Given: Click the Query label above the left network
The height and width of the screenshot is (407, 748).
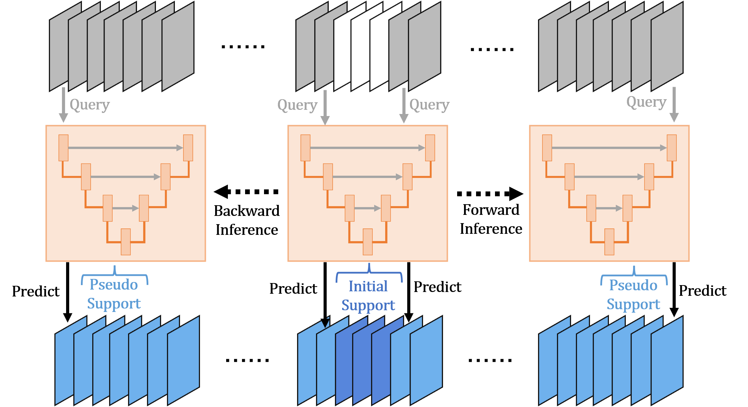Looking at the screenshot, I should [89, 104].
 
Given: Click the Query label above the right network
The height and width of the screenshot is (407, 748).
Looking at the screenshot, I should [646, 102].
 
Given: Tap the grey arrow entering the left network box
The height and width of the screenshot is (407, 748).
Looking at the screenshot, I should [63, 105].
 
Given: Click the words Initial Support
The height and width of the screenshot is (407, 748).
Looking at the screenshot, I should [368, 296].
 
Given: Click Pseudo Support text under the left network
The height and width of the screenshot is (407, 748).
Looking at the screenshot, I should [114, 294].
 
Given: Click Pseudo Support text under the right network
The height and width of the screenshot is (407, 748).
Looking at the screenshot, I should [633, 295].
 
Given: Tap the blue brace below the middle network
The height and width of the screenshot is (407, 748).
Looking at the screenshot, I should [369, 273].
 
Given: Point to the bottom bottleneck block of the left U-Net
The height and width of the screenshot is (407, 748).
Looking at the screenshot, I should [126, 242].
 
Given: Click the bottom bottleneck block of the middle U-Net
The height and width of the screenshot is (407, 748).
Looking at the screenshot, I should [368, 242].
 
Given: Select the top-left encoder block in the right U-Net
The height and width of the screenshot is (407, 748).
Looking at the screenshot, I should [547, 148].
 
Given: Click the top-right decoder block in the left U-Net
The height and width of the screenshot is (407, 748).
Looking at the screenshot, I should [188, 148].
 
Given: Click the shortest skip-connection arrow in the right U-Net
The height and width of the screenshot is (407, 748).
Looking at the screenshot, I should [609, 208].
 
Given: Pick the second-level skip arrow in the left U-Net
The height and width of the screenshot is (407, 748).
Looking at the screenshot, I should [126, 177].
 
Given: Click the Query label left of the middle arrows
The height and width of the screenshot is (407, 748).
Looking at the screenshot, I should [297, 105].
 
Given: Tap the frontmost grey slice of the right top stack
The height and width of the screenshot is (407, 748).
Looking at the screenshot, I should [667, 46].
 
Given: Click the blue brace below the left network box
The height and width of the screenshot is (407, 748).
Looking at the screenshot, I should [115, 275].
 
